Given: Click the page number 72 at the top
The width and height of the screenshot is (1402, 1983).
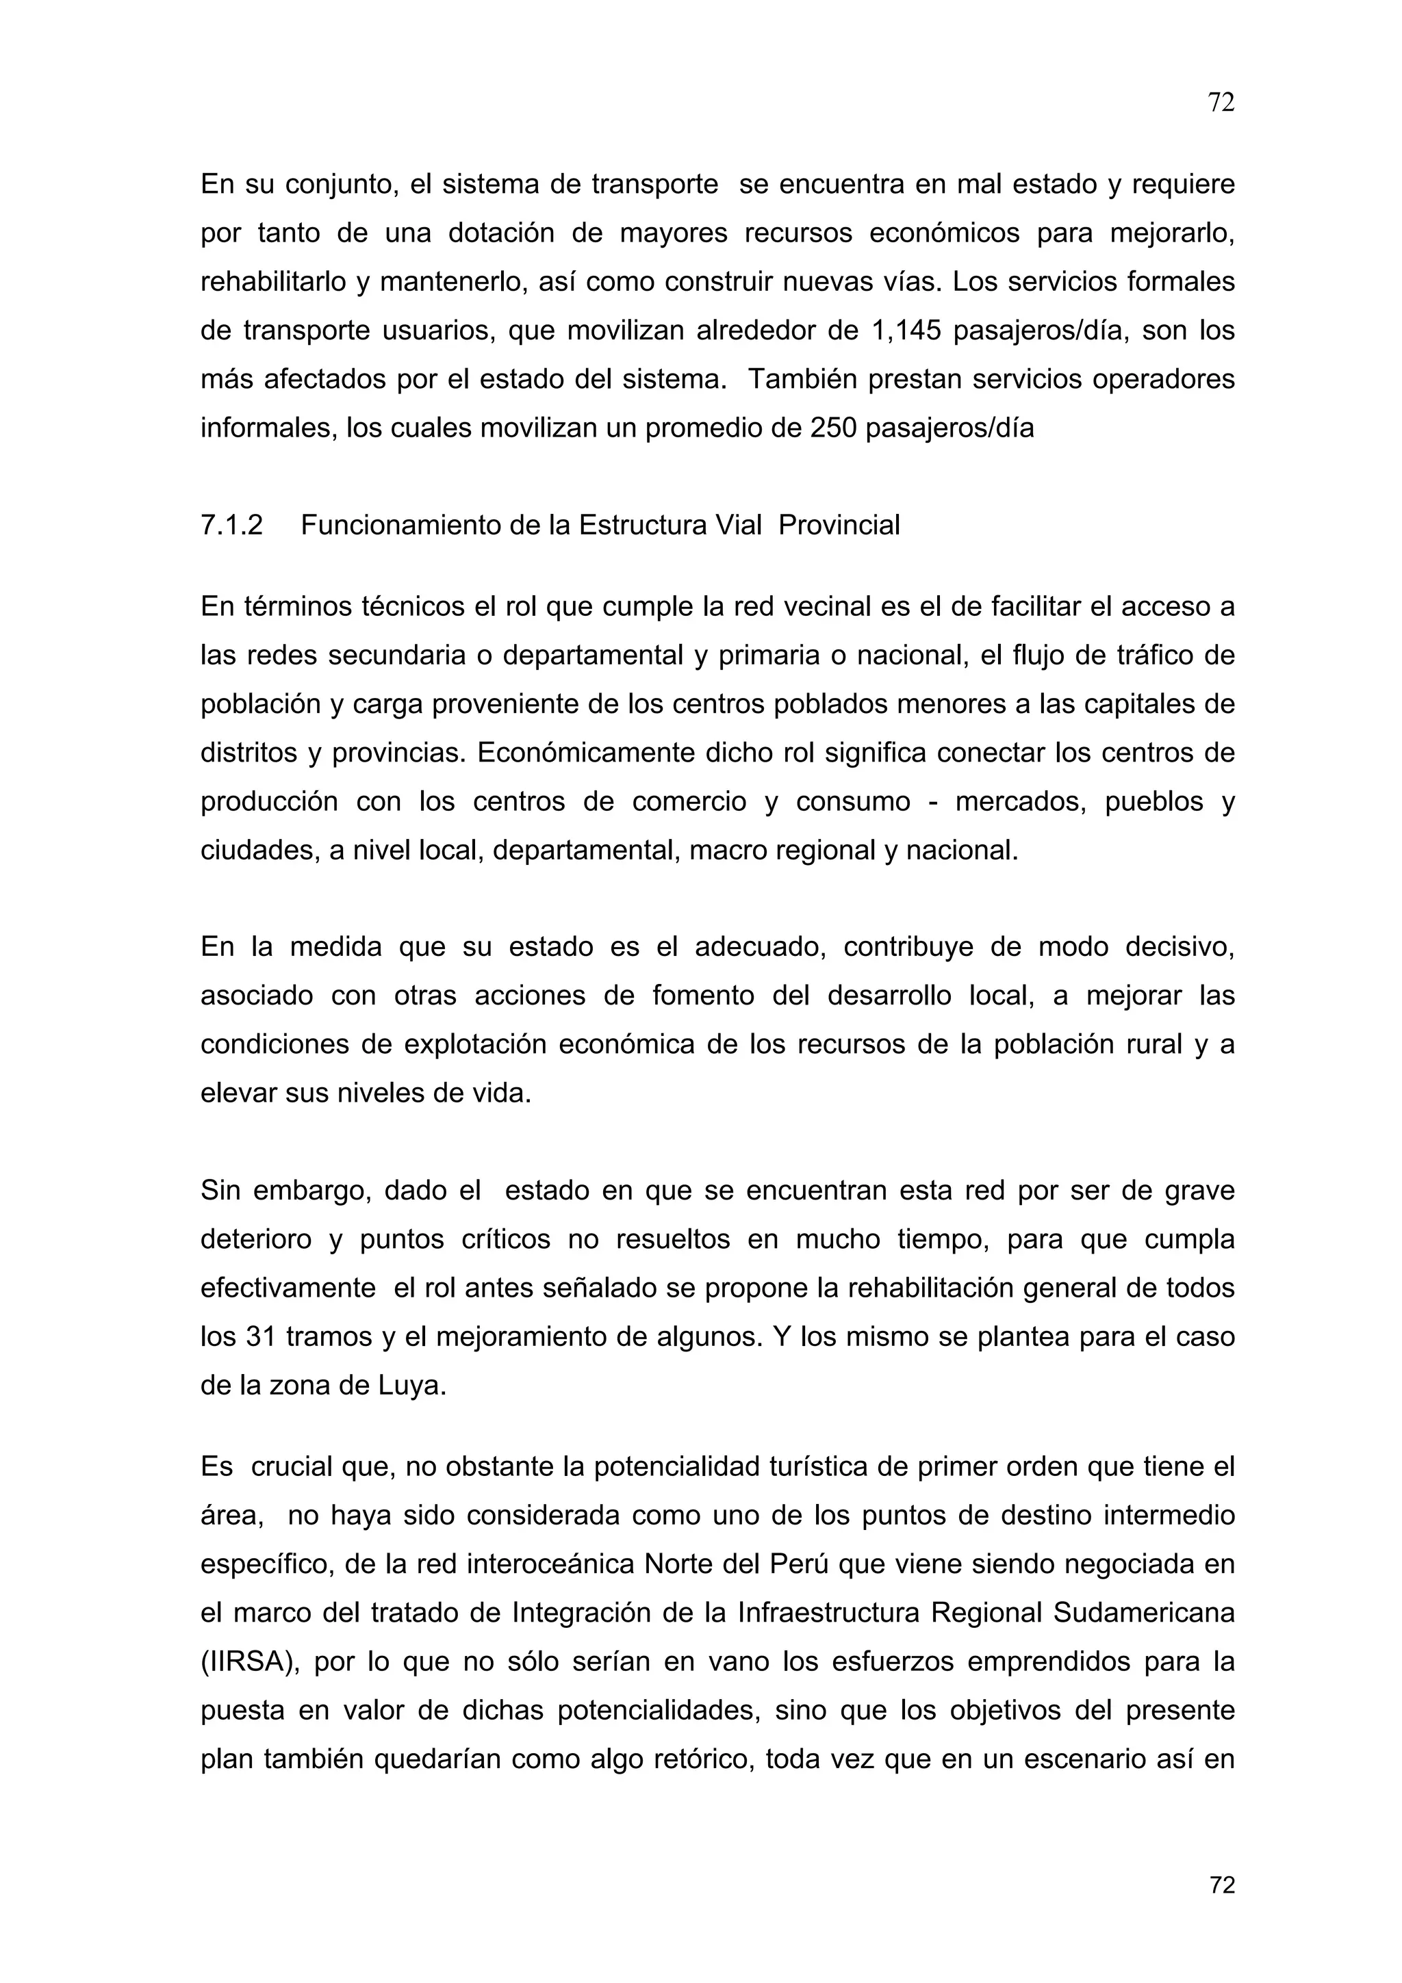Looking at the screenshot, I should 1221,103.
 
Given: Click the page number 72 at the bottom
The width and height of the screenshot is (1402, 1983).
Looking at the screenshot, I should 1221,1885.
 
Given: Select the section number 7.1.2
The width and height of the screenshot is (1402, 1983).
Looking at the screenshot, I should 231,525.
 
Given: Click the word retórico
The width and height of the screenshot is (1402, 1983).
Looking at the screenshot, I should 696,1759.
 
